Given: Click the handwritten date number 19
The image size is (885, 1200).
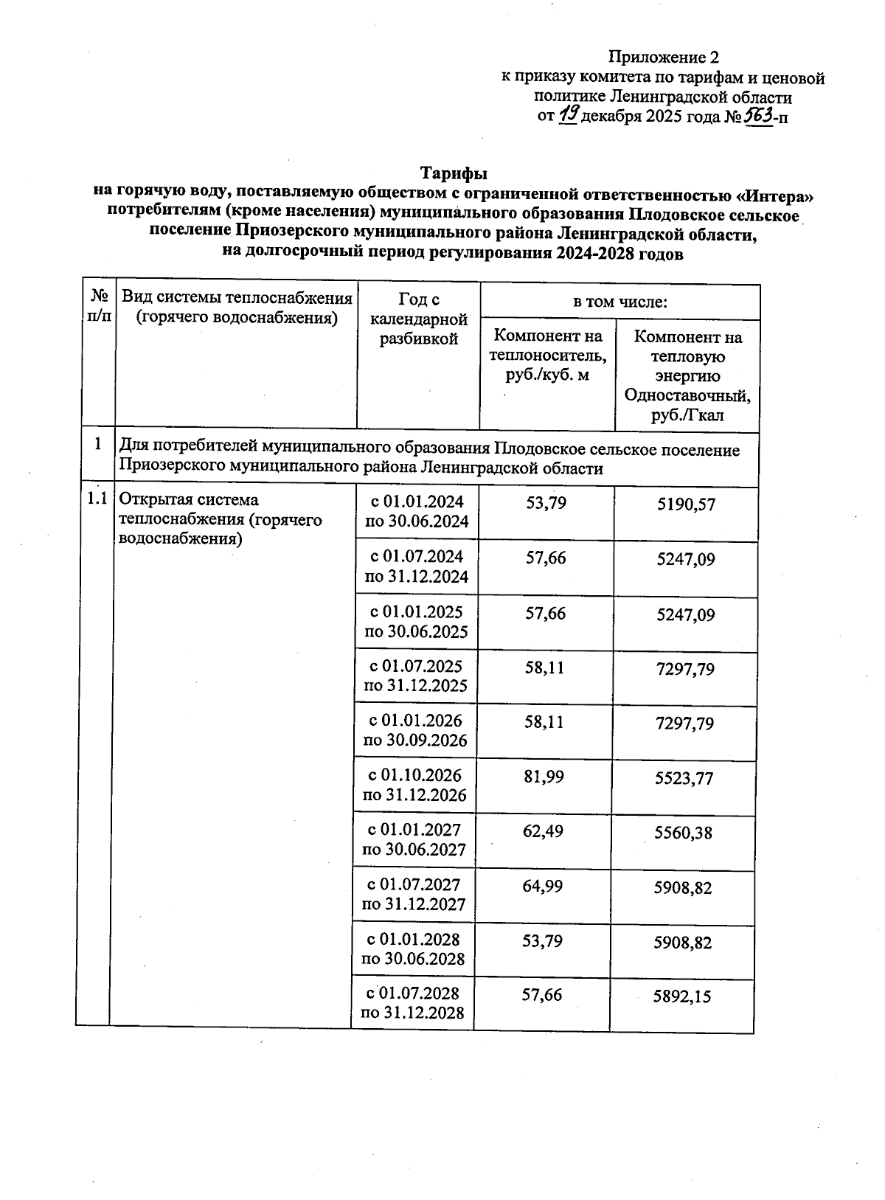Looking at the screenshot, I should (x=569, y=114).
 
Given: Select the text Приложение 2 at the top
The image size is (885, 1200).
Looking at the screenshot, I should (x=663, y=58).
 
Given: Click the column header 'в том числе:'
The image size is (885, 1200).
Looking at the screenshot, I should (x=620, y=302).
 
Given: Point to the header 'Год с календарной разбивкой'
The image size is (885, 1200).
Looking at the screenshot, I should (x=418, y=319).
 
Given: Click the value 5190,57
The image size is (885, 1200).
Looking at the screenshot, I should (x=686, y=505).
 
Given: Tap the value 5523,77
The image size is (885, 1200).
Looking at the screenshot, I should (x=684, y=778).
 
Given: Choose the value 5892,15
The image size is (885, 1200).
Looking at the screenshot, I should (x=682, y=996).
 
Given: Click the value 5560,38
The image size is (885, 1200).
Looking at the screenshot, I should (x=684, y=833).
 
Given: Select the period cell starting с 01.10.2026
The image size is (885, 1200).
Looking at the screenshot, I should (x=414, y=785).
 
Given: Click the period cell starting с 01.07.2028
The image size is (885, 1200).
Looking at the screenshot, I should (x=412, y=1003).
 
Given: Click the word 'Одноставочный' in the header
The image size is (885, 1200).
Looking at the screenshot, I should (x=687, y=395).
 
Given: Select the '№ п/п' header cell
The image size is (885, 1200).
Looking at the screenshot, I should (x=99, y=307).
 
